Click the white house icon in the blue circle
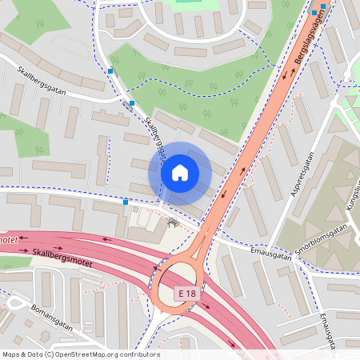point(180,173)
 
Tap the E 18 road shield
point(187,294)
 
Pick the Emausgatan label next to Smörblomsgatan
point(269,254)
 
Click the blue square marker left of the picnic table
point(126,202)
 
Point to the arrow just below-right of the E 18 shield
point(206,306)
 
